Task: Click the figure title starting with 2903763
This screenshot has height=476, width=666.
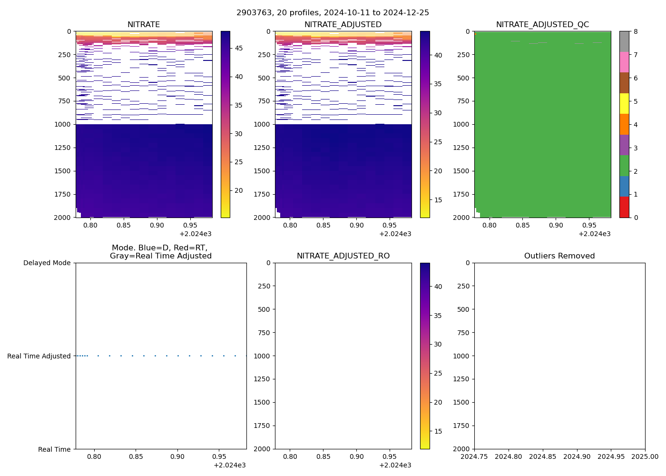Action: (x=333, y=12)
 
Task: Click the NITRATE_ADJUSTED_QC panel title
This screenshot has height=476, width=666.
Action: (x=542, y=25)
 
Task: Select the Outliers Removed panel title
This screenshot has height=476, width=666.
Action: (x=559, y=256)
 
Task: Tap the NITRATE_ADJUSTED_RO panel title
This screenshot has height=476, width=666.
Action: (x=343, y=256)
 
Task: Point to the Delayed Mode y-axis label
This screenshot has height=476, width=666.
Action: (x=47, y=263)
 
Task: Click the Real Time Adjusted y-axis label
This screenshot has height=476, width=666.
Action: (x=39, y=356)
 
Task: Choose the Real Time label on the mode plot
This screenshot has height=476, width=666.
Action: (x=54, y=449)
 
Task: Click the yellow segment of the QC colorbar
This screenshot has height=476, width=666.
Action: (x=624, y=104)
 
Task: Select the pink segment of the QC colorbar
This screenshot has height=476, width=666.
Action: (x=624, y=62)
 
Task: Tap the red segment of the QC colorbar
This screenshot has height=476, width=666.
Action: (x=624, y=207)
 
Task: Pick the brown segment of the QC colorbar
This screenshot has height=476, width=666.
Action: (x=624, y=83)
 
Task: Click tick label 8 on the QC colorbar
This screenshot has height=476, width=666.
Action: (x=635, y=31)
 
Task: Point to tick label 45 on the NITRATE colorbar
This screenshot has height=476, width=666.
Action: (x=238, y=48)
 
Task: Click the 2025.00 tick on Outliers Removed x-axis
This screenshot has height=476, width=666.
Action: (x=645, y=456)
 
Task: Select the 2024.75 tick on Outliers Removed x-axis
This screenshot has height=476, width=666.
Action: (x=474, y=456)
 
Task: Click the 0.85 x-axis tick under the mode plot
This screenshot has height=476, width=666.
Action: (x=136, y=456)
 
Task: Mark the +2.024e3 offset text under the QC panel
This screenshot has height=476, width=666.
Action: (x=594, y=234)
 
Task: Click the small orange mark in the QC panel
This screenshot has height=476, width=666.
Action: (x=475, y=34)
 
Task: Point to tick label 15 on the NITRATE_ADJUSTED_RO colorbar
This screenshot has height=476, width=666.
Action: (x=438, y=431)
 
